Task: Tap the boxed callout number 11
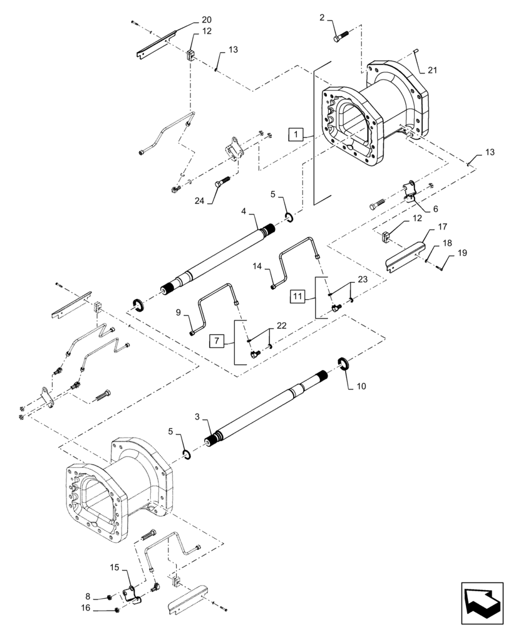coord(298,295)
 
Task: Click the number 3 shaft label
coord(198,416)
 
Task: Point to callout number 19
coord(462,253)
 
